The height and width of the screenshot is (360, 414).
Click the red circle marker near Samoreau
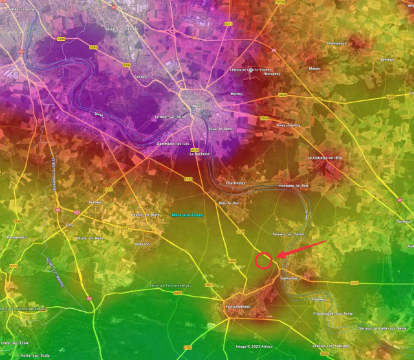coord(263,261)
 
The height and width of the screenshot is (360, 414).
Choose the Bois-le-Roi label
coord(229,203)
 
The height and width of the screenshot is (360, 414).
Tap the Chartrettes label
coord(236,183)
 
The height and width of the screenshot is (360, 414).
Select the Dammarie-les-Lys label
coord(173,144)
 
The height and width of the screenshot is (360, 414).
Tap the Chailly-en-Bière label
coord(146,214)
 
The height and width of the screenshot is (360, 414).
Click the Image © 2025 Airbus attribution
coord(254,346)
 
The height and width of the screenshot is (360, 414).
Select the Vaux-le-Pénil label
coord(221,129)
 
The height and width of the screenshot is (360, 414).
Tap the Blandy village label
coord(314,68)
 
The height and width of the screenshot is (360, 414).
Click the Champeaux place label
coord(337,43)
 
